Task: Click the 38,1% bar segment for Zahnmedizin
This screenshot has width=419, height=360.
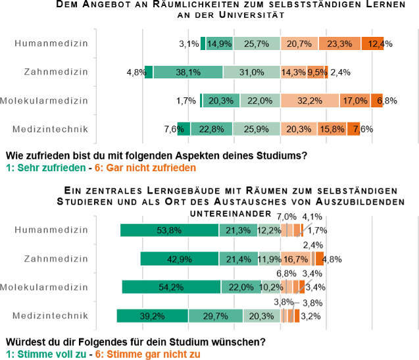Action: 188,72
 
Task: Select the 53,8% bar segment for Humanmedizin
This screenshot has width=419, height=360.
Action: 169,230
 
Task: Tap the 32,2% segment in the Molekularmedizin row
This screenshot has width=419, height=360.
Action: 310,101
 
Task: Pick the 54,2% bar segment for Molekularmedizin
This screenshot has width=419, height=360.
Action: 171,287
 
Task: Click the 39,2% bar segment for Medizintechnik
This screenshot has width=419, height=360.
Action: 153,316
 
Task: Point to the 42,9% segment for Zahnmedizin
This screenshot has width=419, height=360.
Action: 180,259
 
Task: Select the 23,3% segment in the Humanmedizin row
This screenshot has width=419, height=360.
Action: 339,43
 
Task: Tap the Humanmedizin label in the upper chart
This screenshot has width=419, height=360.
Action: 51,43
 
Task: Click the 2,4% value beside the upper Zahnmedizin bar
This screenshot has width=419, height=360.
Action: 340,72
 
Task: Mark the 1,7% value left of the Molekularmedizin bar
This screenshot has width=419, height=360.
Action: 186,101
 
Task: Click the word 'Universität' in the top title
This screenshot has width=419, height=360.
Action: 247,16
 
